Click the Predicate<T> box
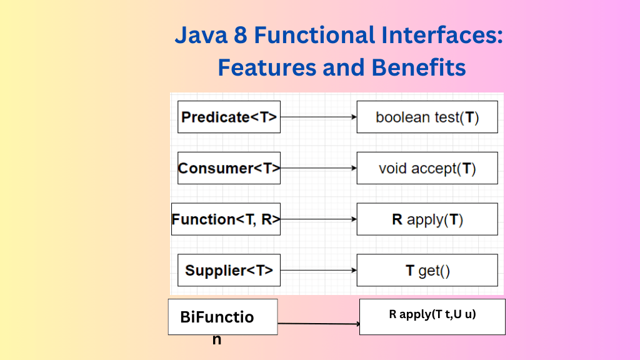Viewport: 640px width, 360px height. pyautogui.click(x=229, y=117)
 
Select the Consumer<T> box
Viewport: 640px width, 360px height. pyautogui.click(x=229, y=167)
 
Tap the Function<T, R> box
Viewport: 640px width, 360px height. pyautogui.click(x=226, y=219)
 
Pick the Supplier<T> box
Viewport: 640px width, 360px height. pyautogui.click(x=229, y=270)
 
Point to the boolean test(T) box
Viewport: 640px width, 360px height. pyautogui.click(x=427, y=117)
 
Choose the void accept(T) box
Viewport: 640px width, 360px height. pyautogui.click(x=427, y=168)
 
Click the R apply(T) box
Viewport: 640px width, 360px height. pyautogui.click(x=427, y=219)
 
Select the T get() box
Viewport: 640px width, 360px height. pyautogui.click(x=427, y=270)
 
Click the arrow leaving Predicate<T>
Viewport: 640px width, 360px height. pyautogui.click(x=318, y=117)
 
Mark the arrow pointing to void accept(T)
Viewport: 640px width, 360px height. pyautogui.click(x=318, y=168)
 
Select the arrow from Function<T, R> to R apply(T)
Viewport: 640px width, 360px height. pyautogui.click(x=318, y=219)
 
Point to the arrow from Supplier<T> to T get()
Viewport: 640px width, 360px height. pyautogui.click(x=318, y=270)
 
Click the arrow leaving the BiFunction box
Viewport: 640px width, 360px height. pyautogui.click(x=319, y=324)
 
